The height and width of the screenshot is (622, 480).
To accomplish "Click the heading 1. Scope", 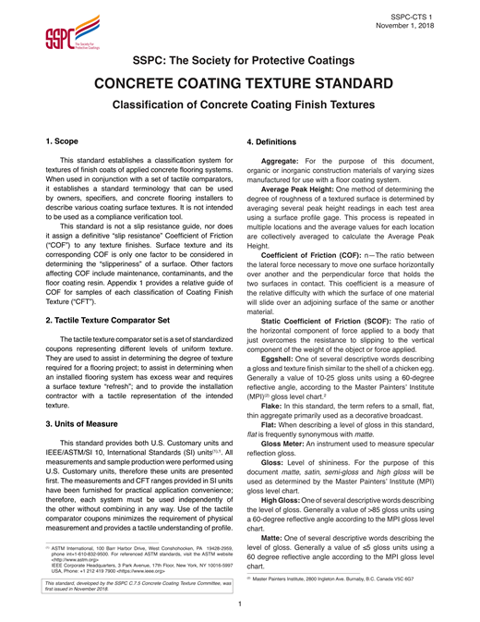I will coord(66,144).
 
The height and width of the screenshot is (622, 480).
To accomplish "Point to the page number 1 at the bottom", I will coord(240,605).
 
